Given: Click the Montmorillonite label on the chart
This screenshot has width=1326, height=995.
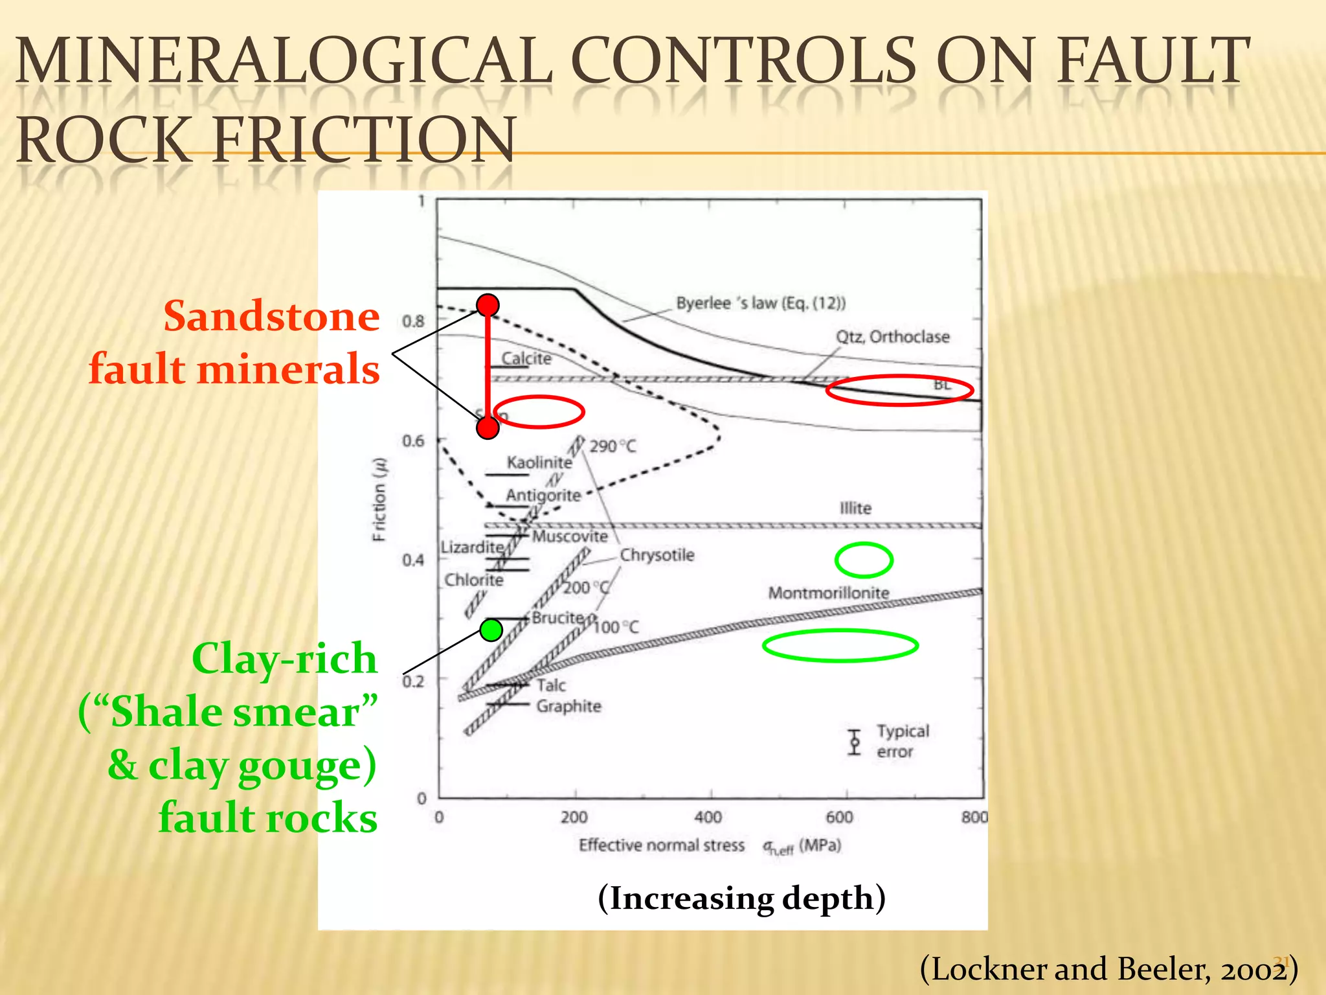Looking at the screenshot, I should pyautogui.click(x=828, y=593).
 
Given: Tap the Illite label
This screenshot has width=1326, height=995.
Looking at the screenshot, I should pyautogui.click(x=855, y=508).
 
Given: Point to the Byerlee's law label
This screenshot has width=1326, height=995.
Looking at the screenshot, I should pyautogui.click(x=760, y=303).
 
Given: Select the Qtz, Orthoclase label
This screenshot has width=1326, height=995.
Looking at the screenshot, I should pyautogui.click(x=892, y=337).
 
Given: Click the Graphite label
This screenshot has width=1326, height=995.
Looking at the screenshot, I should pyautogui.click(x=568, y=706).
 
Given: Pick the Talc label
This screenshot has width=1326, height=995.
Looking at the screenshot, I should pyautogui.click(x=551, y=685).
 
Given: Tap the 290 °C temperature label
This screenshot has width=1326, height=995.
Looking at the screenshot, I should pyautogui.click(x=612, y=446).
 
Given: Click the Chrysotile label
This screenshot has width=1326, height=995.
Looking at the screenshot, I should pyautogui.click(x=657, y=555).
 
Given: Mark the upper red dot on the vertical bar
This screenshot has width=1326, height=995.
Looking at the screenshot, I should pyautogui.click(x=488, y=304).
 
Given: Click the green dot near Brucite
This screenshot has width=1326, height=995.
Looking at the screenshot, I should pyautogui.click(x=491, y=630).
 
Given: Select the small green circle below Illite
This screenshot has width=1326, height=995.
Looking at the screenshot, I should pyautogui.click(x=864, y=560).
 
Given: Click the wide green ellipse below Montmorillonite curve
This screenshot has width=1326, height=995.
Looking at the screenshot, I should pyautogui.click(x=840, y=645).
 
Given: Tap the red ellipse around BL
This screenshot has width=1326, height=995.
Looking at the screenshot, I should pyautogui.click(x=899, y=390).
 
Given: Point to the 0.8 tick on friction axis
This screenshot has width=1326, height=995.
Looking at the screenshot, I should pyautogui.click(x=413, y=321).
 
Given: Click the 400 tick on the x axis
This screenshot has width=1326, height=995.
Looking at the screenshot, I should pyautogui.click(x=708, y=817).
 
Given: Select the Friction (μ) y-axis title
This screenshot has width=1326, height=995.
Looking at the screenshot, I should pyautogui.click(x=379, y=499).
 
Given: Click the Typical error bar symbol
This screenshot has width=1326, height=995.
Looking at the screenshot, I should pyautogui.click(x=855, y=742).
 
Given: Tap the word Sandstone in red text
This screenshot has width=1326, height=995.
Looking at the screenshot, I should pyautogui.click(x=271, y=317).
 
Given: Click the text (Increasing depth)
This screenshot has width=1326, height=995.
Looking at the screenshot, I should pyautogui.click(x=741, y=898).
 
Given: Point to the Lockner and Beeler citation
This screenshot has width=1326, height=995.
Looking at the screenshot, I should pyautogui.click(x=1108, y=970).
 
